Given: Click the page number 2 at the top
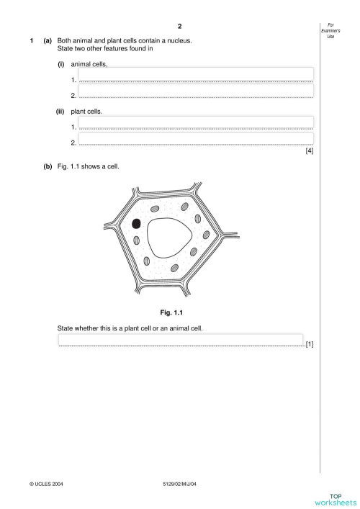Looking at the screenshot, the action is pos(179,26).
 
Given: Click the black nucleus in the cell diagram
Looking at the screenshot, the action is pos(136,225).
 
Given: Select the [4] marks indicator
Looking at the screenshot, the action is pos(310,151).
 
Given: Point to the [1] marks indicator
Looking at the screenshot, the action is pos(309,344).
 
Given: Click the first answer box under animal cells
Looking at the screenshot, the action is pos(196,73).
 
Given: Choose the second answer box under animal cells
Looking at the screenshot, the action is pos(196,90).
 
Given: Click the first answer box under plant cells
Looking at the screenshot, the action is pos(196,122).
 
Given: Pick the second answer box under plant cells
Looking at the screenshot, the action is pos(196,138).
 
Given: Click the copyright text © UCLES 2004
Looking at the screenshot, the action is pos(47,484).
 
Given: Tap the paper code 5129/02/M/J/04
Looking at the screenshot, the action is pos(180,484).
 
